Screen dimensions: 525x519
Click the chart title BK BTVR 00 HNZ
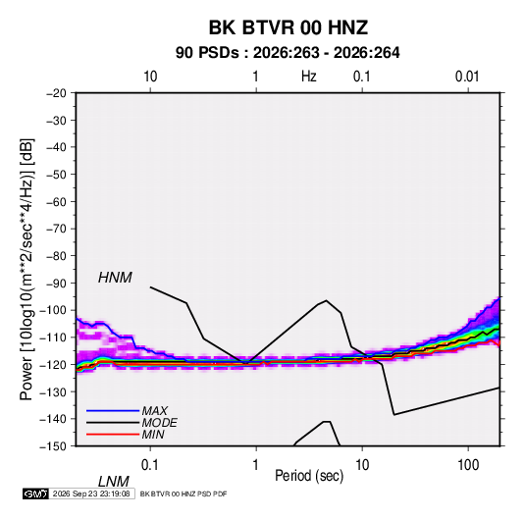pos(289,27)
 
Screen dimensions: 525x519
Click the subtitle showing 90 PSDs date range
pos(288,53)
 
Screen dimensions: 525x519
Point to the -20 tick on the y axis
pos(56,93)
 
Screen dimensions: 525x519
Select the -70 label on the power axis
pos(56,229)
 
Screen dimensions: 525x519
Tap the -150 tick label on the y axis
pos(53,446)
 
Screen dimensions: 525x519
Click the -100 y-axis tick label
pos(53,310)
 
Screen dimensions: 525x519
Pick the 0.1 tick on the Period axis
pos(150,465)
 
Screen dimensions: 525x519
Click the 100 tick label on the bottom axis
pos(468,465)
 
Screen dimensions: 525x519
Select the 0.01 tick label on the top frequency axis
pos(467,77)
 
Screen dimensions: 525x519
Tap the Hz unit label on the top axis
pos(309,77)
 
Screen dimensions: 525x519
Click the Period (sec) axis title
pos(309,476)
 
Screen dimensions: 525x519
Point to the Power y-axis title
pos(26,270)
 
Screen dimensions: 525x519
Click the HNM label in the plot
pos(115,278)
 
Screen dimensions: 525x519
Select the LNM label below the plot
pos(114,482)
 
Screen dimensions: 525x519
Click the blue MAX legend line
pos(113,410)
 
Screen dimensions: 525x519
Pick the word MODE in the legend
pos(159,423)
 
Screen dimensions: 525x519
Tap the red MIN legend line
pos(113,435)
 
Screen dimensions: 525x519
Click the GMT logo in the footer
pos(36,493)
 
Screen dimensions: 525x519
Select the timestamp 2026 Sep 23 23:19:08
pos(91,493)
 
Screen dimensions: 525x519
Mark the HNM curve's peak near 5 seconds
pos(327,300)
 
